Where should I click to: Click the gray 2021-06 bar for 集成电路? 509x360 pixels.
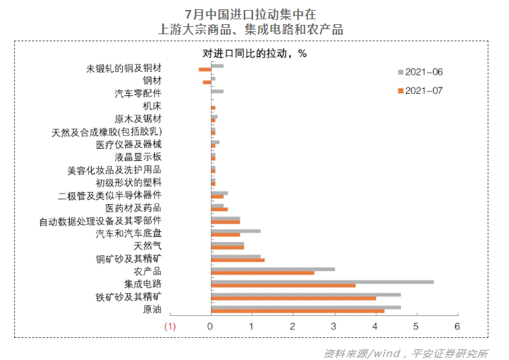[x=322, y=282]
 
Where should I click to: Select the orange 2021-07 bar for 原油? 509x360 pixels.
[x=297, y=311]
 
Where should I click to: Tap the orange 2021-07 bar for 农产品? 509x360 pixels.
[x=262, y=272]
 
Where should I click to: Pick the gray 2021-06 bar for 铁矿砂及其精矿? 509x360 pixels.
[x=306, y=294]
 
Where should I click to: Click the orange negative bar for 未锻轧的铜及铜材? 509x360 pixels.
[x=205, y=70]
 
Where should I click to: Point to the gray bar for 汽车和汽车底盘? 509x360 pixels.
[x=235, y=231]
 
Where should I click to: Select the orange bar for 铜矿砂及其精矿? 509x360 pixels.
[x=237, y=260]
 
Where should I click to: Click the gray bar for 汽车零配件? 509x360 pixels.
[x=217, y=91]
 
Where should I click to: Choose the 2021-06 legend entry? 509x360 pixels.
[x=423, y=72]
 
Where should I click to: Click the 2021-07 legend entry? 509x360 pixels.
[x=423, y=91]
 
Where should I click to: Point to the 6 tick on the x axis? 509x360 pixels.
[x=458, y=326]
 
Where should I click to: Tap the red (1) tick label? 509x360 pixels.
[x=170, y=326]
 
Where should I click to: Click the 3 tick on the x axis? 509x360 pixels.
[x=334, y=326]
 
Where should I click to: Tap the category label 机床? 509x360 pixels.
[x=152, y=105]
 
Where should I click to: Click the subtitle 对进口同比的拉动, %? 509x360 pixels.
[x=254, y=53]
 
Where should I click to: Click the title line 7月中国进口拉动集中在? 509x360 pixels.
[x=254, y=14]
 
